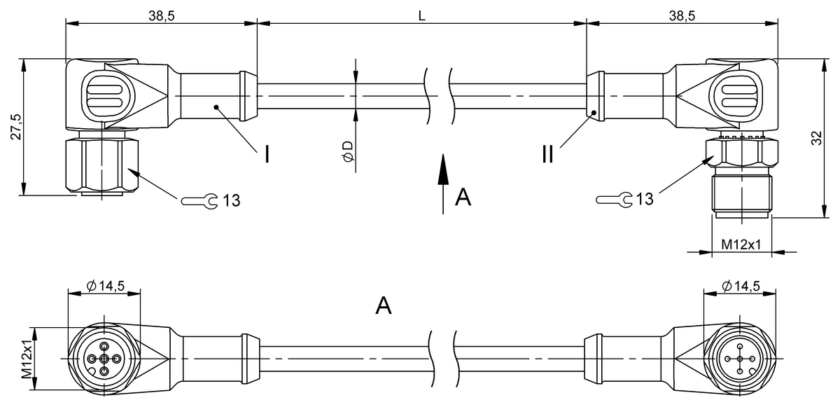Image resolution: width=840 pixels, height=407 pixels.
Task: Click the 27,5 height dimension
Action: pyautogui.click(x=16, y=127)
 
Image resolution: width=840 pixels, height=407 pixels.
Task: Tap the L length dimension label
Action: pyautogui.click(x=422, y=15)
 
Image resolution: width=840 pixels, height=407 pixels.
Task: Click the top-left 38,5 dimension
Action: pyautogui.click(x=162, y=15)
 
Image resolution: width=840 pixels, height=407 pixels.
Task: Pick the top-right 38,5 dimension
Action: pyautogui.click(x=682, y=15)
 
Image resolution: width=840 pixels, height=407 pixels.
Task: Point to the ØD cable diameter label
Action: pyautogui.click(x=348, y=151)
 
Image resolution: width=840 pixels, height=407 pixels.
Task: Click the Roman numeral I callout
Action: pyautogui.click(x=267, y=154)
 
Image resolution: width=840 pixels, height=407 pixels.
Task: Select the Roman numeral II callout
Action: pyautogui.click(x=548, y=154)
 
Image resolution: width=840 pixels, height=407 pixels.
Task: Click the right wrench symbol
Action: pyautogui.click(x=615, y=200)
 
